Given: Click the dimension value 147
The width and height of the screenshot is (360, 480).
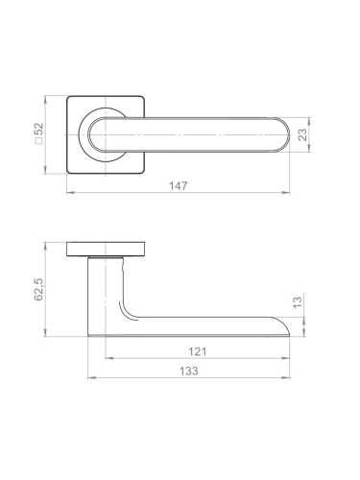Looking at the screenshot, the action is pos(179,186).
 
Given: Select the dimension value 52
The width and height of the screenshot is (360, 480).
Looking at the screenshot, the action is pos(38,129).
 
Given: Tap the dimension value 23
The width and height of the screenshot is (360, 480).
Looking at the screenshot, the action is pos(302,134).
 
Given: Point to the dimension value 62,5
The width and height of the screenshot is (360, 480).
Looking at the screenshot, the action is pos(38,289).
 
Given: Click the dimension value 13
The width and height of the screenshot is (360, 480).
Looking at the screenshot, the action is pos(298,301).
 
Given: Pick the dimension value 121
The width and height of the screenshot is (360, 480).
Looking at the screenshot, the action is pos(198,351).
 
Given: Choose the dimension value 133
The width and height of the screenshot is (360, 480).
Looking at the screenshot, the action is pos(189,372).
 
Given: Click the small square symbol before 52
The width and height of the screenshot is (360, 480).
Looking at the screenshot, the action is pos(38,141).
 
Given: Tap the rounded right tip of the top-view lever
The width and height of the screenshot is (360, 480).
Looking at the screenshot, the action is pos(289,134).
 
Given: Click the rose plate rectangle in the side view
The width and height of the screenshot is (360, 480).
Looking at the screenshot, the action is pos(106,250).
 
